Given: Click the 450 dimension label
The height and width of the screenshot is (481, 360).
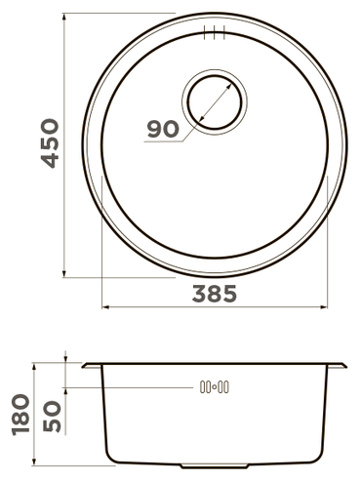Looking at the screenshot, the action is tap(50, 143).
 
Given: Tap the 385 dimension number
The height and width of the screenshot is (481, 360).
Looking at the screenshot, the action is tap(215, 294).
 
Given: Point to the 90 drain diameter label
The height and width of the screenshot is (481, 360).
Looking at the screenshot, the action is tap(163, 129).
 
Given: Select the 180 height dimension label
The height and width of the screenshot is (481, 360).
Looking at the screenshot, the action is tap(20, 415).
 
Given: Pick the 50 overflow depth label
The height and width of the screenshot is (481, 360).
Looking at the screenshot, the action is tap(52, 417).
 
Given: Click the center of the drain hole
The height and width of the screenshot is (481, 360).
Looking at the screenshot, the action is tap(215, 101).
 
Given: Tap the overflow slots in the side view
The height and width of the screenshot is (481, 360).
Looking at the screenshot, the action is tap(215, 387).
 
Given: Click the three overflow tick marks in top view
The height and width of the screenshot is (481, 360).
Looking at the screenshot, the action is tap(215, 32).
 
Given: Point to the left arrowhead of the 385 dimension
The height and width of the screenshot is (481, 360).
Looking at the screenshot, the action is tap(105, 307).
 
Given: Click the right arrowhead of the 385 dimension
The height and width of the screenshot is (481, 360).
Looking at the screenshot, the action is tap(324, 307).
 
